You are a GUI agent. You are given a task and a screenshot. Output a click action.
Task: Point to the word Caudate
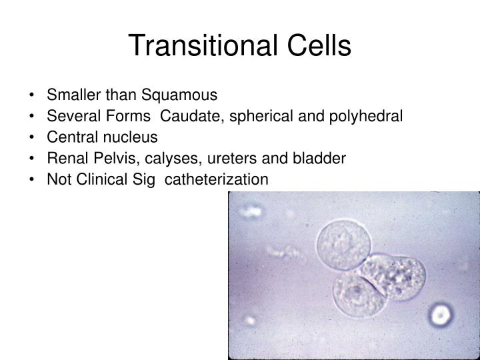coord(188,116)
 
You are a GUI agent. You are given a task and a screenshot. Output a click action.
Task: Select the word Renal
coord(66,159)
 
